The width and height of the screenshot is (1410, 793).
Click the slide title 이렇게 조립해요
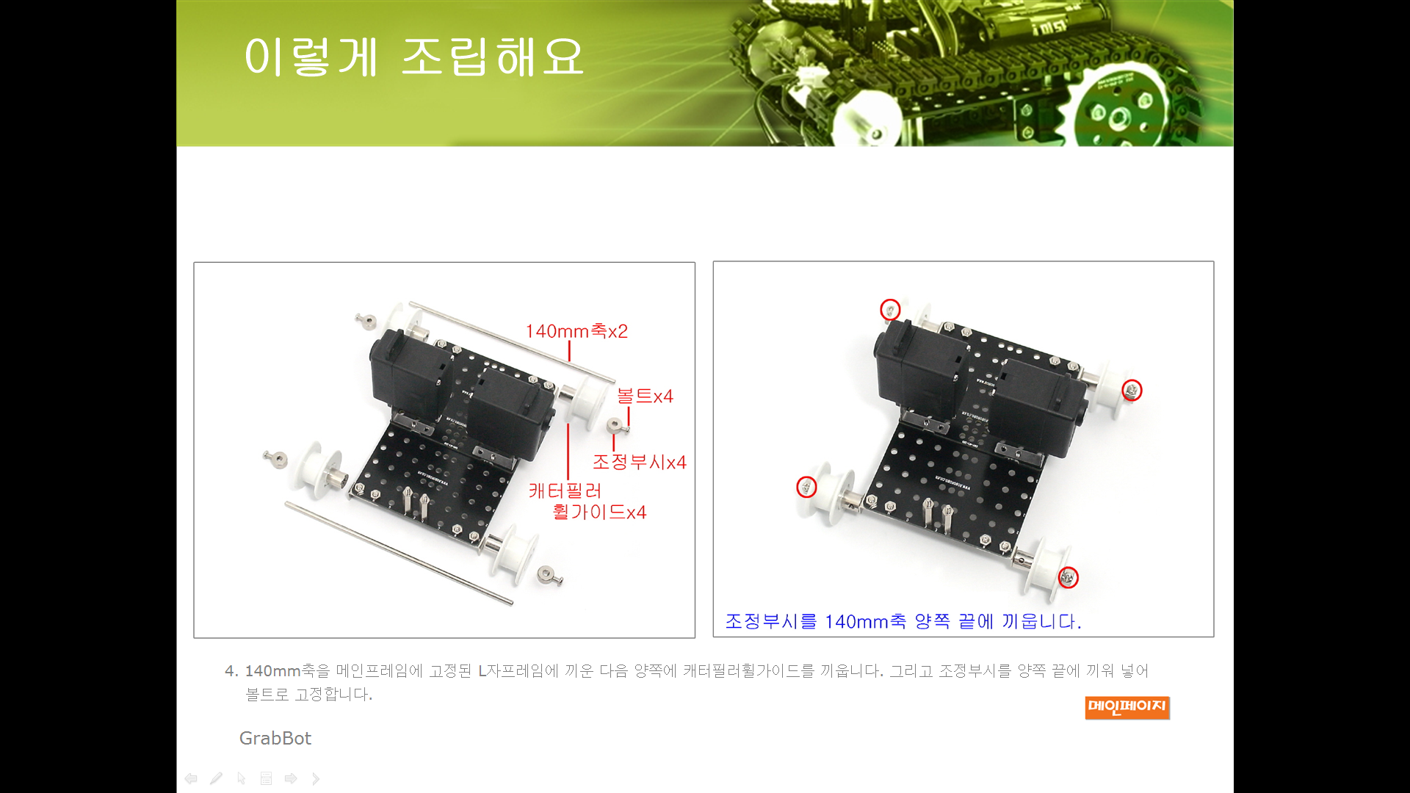pyautogui.click(x=413, y=57)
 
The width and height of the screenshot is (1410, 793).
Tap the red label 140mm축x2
pyautogui.click(x=576, y=331)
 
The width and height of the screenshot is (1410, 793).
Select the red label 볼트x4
pyautogui.click(x=645, y=396)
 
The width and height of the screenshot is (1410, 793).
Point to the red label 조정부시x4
pyautogui.click(x=639, y=462)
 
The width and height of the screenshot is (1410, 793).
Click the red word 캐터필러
pyautogui.click(x=565, y=490)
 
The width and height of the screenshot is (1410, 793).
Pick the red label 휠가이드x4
pyautogui.click(x=599, y=512)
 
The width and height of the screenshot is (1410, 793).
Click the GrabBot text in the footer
pyautogui.click(x=275, y=738)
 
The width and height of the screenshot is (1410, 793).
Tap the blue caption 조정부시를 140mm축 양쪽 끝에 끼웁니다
pyautogui.click(x=903, y=621)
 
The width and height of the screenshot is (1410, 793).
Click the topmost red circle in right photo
pyautogui.click(x=890, y=310)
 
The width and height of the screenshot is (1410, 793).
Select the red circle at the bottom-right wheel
pyautogui.click(x=1069, y=578)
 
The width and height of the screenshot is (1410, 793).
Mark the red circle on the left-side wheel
pyautogui.click(x=806, y=487)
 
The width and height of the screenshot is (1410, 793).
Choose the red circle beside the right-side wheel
pyautogui.click(x=1132, y=390)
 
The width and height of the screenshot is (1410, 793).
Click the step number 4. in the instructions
pyautogui.click(x=231, y=671)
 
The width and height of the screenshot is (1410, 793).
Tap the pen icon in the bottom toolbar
pyautogui.click(x=216, y=778)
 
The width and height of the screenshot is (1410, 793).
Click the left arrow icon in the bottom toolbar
pyautogui.click(x=191, y=778)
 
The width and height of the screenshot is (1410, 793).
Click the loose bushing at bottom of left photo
pyautogui.click(x=549, y=575)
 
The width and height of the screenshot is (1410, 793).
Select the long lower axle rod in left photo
pyautogui.click(x=399, y=554)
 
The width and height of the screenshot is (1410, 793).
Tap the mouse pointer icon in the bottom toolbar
pyautogui.click(x=241, y=778)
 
